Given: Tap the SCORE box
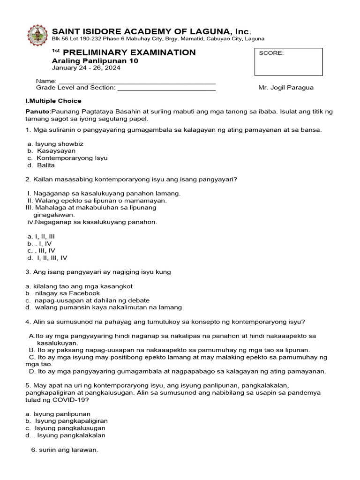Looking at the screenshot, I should pos(288,62).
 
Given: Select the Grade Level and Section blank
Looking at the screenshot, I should pos(166,88).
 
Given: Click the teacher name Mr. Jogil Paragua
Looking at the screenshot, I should pos(285,88).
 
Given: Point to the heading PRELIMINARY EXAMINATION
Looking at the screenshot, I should pos(129,52).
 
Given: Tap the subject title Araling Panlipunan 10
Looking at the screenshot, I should pos(95,60).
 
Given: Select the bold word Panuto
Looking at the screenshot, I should pos(37,112).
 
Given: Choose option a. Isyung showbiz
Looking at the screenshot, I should pos(55,144).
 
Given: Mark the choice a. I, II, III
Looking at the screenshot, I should pos(41,237).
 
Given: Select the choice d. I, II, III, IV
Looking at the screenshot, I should pos(48,258).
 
